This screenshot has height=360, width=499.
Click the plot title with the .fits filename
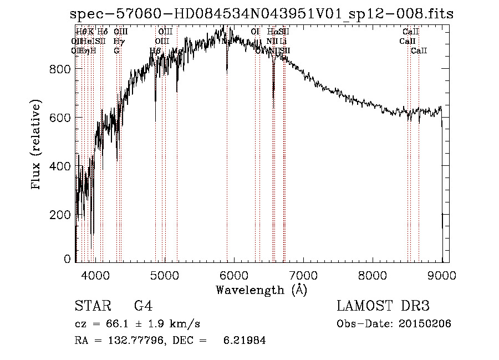(x=262, y=14)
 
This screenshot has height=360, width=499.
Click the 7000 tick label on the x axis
(x=303, y=274)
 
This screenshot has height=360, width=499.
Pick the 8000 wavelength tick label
(x=373, y=274)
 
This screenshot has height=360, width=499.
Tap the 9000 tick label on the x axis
(x=442, y=274)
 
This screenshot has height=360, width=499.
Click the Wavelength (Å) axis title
(x=261, y=290)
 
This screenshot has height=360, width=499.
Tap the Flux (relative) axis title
(x=37, y=146)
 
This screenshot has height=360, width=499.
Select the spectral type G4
(x=143, y=307)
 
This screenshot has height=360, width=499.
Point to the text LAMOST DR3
(x=383, y=307)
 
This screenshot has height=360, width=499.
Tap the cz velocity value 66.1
(x=116, y=324)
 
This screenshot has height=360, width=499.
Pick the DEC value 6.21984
(x=243, y=341)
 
